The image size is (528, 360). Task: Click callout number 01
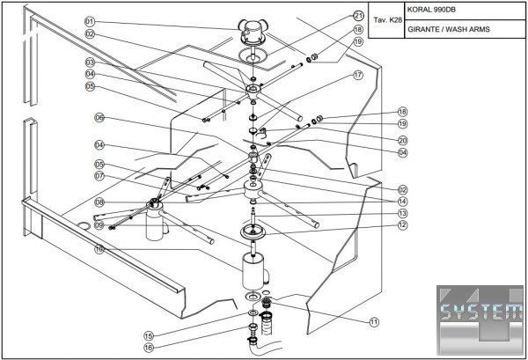[90, 21]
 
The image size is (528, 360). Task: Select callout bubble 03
[90, 62]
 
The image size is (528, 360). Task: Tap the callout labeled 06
[100, 117]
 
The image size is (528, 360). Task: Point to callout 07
[100, 176]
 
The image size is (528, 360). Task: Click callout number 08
[100, 202]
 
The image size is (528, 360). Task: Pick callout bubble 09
[100, 226]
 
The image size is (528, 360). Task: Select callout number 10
[100, 249]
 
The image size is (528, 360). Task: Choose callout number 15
[149, 335]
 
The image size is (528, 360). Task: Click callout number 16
[149, 348]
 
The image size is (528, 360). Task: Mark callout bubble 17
[358, 76]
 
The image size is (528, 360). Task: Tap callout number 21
[358, 15]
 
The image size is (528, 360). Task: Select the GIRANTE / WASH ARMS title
[449, 30]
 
